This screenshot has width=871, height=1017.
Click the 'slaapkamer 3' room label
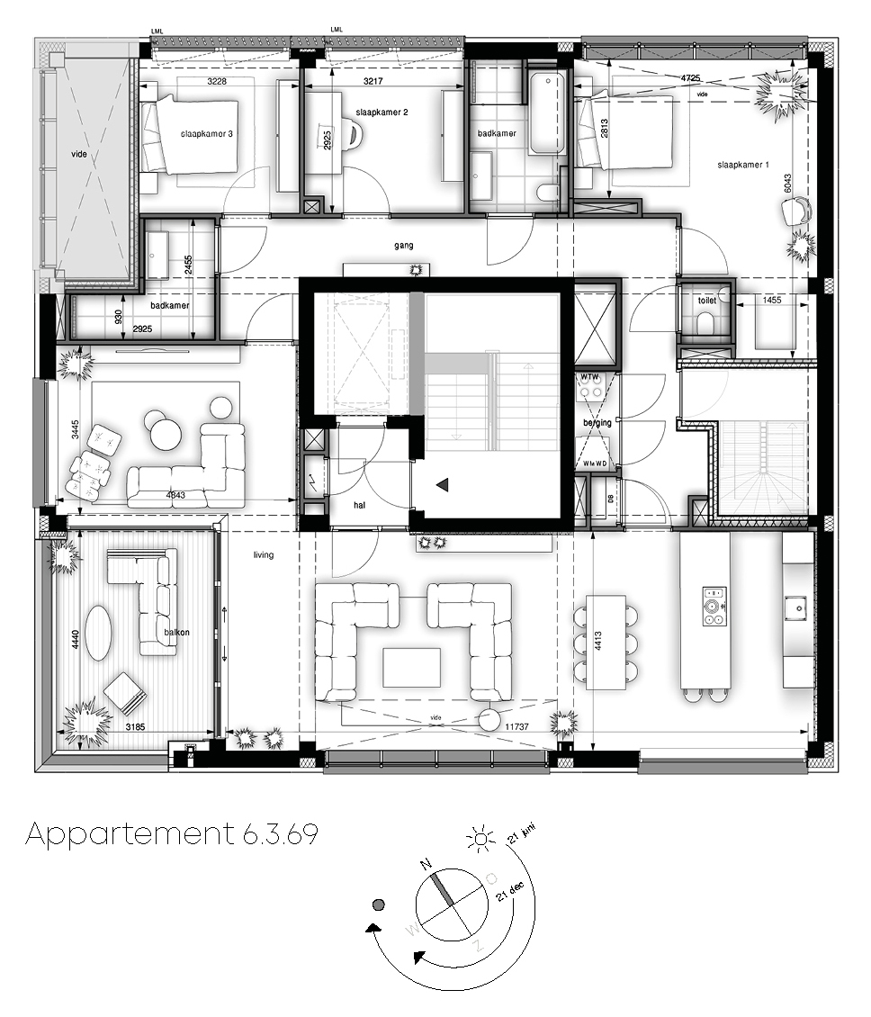coord(207,134)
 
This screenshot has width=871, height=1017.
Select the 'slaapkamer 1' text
coord(743,165)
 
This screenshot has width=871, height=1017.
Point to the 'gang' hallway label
coord(402,245)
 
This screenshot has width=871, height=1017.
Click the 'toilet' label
coord(706,300)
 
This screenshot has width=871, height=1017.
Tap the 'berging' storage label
coord(597,422)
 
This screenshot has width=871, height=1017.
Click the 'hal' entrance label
coord(360,506)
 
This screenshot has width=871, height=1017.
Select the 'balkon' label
coord(177,632)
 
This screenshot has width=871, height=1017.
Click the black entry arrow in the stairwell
coord(442,486)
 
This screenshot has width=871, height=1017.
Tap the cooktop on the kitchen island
coord(714,606)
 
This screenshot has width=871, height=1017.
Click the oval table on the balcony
coord(99,632)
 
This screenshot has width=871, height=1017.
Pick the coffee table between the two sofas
coord(412,667)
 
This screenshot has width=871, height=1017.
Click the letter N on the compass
coord(426,865)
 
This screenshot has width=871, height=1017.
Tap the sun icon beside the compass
coord(480,840)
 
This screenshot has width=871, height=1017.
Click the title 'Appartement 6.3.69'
coord(172,834)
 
